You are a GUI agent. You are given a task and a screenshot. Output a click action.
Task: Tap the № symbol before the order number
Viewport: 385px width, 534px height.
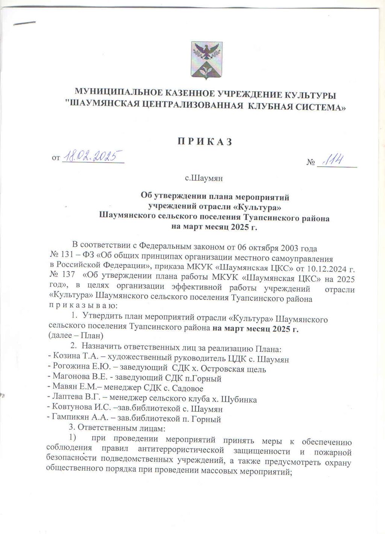[311, 163]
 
